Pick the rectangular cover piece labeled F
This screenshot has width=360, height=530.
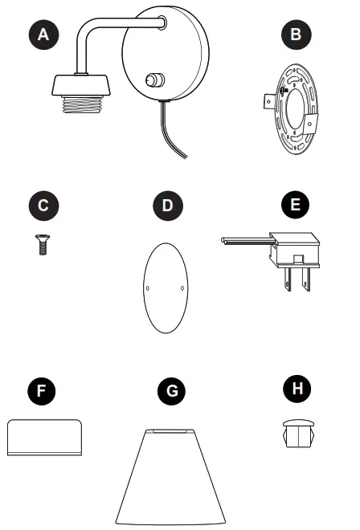(x=46, y=438)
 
